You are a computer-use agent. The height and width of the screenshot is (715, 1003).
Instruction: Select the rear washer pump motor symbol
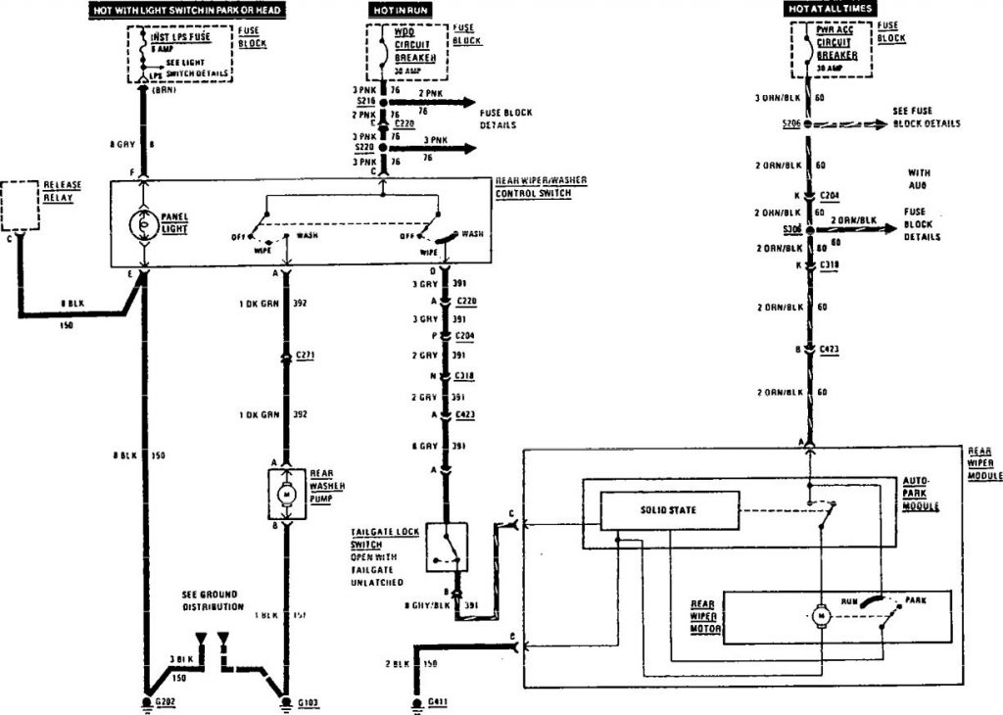coord(287,493)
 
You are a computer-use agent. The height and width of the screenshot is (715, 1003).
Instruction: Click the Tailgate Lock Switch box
coord(447,547)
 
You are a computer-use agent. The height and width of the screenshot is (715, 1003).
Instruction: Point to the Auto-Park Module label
coord(922,494)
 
